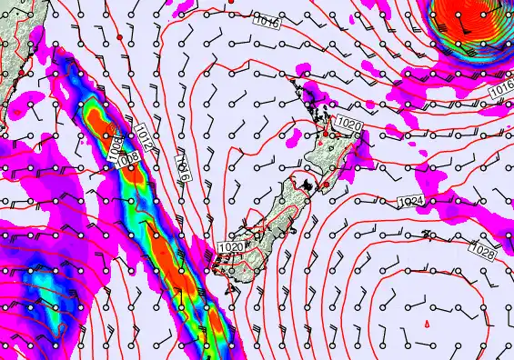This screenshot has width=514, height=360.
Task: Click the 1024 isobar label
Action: (x=412, y=200)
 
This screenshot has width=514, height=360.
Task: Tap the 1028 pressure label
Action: (x=482, y=248)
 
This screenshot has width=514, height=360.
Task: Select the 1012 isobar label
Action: (x=146, y=139)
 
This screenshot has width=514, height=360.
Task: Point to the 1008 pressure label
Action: (x=129, y=157)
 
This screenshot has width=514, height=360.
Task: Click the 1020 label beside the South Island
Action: (x=231, y=246)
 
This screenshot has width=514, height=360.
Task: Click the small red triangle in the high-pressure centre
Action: (x=428, y=324)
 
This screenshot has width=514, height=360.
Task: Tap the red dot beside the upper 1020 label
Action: (x=326, y=135)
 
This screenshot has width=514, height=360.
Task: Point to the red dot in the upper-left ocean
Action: (x=119, y=37)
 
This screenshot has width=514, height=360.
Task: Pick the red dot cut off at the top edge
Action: (x=231, y=2)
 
